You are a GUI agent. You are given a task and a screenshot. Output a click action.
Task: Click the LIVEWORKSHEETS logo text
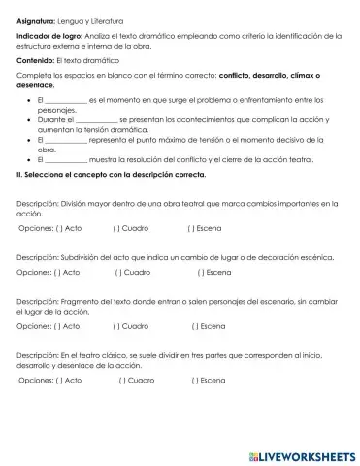tap(303, 455)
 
